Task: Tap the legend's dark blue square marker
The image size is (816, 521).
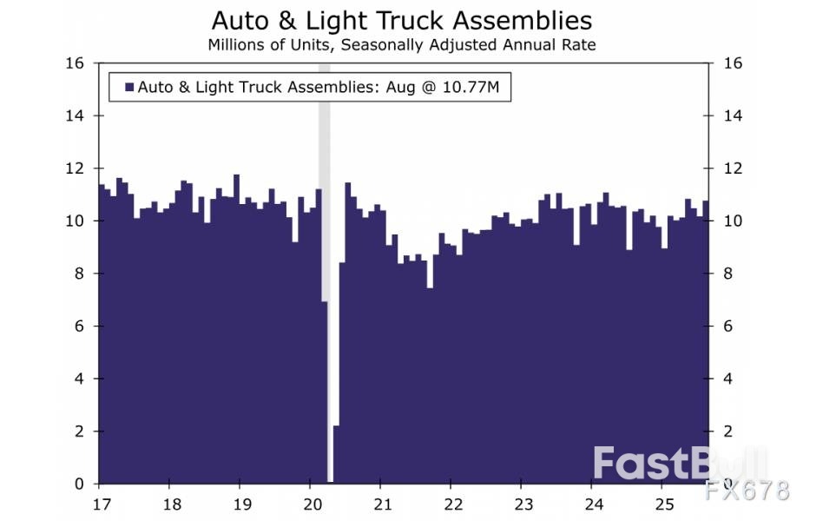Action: click(129, 88)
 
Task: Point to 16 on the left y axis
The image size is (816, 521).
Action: click(76, 63)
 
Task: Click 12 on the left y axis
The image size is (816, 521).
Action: click(76, 168)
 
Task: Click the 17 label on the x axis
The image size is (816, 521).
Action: click(100, 505)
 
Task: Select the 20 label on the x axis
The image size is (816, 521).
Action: click(312, 505)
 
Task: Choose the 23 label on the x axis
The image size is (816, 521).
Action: click(523, 505)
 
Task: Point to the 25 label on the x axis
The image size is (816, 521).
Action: click(663, 505)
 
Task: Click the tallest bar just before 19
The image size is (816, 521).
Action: click(236, 330)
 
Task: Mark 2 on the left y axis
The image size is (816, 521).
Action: click(80, 432)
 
